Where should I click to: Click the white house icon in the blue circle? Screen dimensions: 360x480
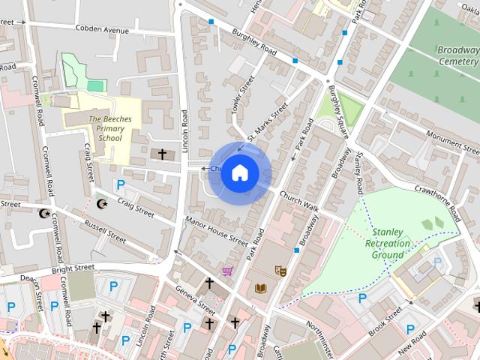tap(239, 172)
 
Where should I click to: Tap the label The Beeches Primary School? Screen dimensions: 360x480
tap(105, 128)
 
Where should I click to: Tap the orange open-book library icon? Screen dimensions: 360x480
tap(260, 288)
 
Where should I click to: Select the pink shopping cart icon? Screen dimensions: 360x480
tap(227, 270)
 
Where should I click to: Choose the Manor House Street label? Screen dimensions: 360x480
tap(216, 232)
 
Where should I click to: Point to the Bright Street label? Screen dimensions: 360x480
tap(73, 268)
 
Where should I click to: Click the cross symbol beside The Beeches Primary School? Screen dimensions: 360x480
tap(161, 154)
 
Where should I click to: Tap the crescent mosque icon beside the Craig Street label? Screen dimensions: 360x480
tap(103, 203)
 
